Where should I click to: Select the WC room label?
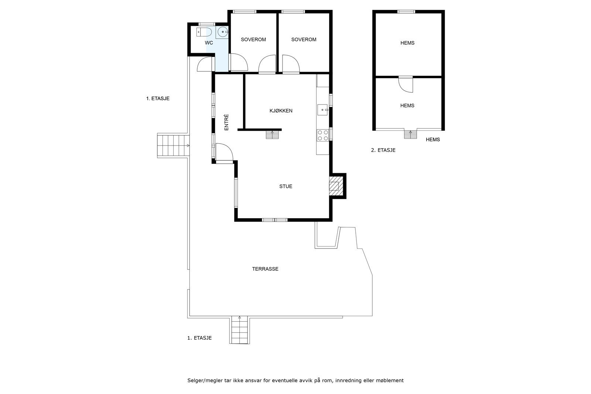pyautogui.click(x=209, y=43)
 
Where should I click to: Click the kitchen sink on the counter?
pyautogui.click(x=323, y=110)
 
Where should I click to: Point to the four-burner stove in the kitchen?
pyautogui.click(x=323, y=135)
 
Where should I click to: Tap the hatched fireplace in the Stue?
pyautogui.click(x=334, y=185)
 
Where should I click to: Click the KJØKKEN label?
pyautogui.click(x=281, y=111)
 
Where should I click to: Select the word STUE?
pyautogui.click(x=286, y=186)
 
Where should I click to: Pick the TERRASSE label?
pyautogui.click(x=265, y=269)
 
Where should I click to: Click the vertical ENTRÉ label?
pyautogui.click(x=226, y=122)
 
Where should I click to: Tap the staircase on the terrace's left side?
pyautogui.click(x=173, y=145)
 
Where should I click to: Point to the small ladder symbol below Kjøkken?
pyautogui.click(x=273, y=135)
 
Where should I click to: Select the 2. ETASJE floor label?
pyautogui.click(x=383, y=150)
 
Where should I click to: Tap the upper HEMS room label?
pyautogui.click(x=407, y=43)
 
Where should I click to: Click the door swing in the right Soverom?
pyautogui.click(x=291, y=64)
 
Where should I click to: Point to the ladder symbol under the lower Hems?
pyautogui.click(x=410, y=134)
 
